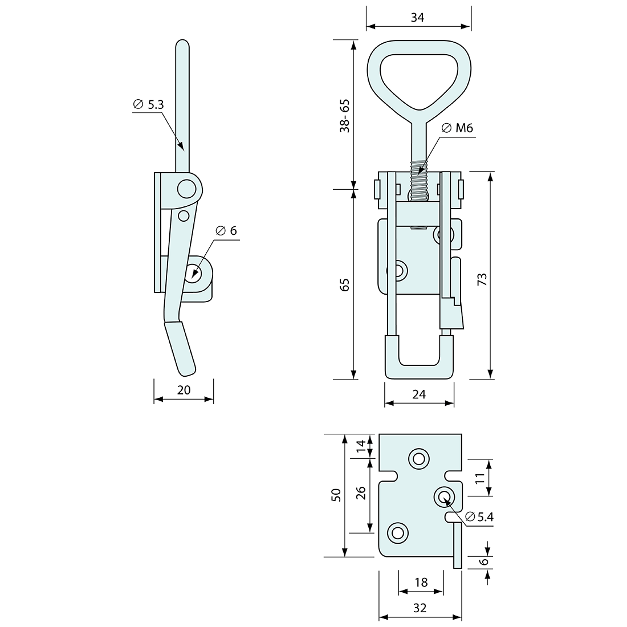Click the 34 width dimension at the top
point(417,18)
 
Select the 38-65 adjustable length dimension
point(344,116)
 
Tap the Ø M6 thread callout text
point(458,128)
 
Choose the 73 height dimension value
point(482,279)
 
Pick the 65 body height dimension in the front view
point(344,285)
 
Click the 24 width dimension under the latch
point(419,394)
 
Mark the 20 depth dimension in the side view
point(184,390)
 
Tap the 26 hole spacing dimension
point(360,493)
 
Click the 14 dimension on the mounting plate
point(360,446)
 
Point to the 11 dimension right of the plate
point(479,478)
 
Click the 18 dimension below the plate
point(421,582)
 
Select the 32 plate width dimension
point(420,608)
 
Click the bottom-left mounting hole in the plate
point(397,533)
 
